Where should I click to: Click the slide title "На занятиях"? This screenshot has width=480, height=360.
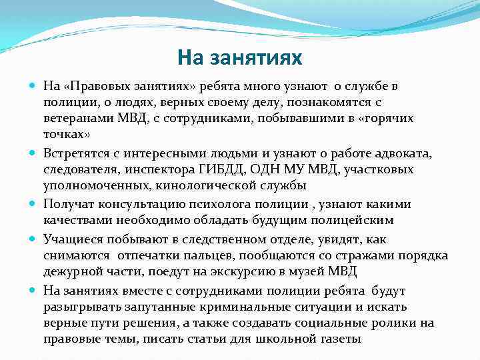click(x=240, y=58)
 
